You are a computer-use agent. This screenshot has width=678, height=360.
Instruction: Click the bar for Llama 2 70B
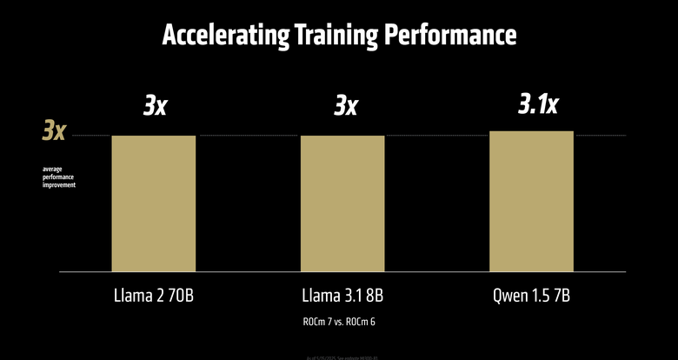153,203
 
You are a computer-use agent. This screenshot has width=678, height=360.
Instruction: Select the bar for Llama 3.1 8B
342,203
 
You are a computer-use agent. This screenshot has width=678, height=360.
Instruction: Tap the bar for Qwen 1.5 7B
531,201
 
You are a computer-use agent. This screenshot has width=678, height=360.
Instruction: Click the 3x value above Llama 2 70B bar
156,106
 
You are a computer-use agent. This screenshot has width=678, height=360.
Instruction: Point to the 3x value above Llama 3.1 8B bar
345,106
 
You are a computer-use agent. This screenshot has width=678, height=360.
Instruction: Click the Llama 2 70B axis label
154,296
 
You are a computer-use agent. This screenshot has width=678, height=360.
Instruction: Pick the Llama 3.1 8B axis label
342,296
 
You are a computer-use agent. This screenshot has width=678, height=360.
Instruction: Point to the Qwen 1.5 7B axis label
531,296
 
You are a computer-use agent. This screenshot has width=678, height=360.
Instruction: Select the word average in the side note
53,168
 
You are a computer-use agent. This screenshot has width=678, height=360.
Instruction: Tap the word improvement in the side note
59,185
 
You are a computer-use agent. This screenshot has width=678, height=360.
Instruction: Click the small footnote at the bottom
339,357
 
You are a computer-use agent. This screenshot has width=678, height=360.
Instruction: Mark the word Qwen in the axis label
509,296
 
